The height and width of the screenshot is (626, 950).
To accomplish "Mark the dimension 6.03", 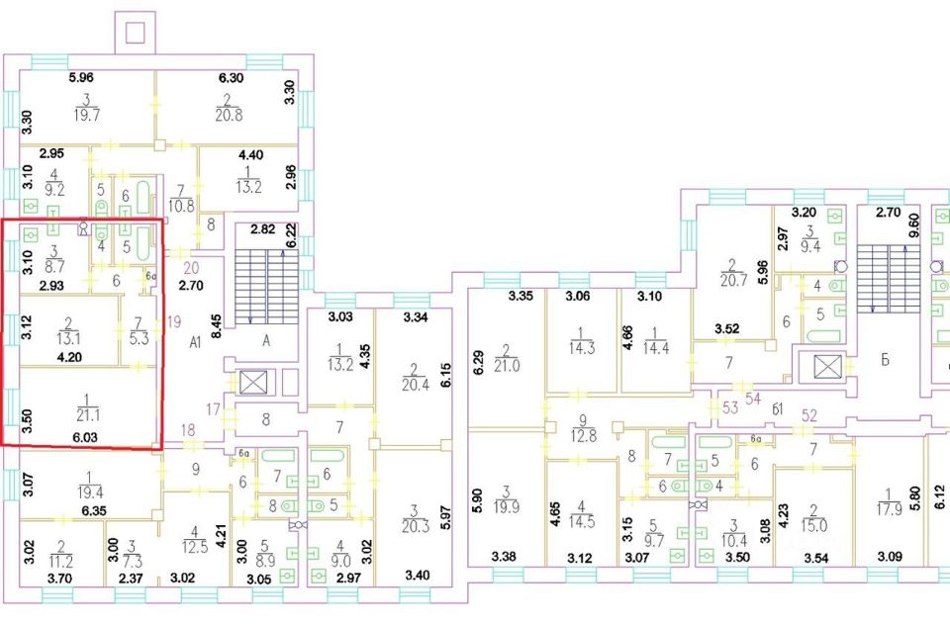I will click(85, 434).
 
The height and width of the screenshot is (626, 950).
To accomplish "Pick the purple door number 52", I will click(810, 414).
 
